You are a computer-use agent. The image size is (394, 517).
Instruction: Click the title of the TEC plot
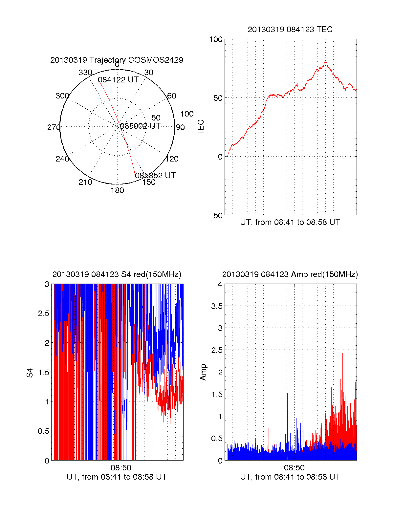290,30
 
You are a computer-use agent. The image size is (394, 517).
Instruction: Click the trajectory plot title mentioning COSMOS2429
117,60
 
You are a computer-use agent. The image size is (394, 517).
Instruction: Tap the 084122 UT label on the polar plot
118,80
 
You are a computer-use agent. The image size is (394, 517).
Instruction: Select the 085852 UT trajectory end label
155,176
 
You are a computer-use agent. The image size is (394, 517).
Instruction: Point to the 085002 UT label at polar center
140,126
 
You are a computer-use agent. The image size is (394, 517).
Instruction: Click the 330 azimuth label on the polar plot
85,73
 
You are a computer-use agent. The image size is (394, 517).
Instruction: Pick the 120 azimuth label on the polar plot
172,159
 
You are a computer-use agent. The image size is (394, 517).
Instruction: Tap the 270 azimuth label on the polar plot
54,127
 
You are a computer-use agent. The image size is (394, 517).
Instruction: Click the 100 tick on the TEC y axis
216,39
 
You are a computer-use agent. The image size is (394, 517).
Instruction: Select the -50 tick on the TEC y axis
216,216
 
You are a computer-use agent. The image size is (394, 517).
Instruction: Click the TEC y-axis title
201,127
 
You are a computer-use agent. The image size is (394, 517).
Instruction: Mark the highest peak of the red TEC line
326,62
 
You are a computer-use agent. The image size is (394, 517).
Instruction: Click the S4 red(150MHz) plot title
117,274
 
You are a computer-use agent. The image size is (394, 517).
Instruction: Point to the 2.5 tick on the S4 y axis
43,313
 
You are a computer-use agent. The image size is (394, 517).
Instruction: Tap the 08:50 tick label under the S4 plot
121,467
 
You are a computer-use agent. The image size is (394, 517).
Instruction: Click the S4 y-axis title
30,373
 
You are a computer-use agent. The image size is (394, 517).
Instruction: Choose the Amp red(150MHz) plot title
290,274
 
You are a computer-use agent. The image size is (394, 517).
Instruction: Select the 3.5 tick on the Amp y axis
217,306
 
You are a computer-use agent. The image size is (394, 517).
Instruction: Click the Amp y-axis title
203,372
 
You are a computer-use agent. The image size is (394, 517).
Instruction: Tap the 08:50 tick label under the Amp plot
294,467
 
